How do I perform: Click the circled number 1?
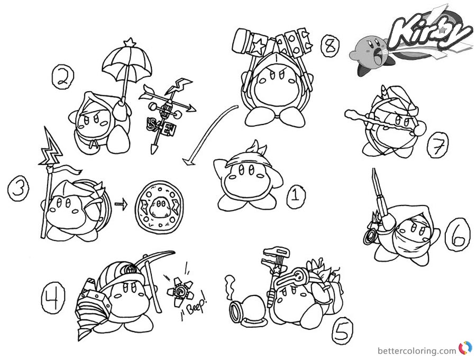tap(295, 199)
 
